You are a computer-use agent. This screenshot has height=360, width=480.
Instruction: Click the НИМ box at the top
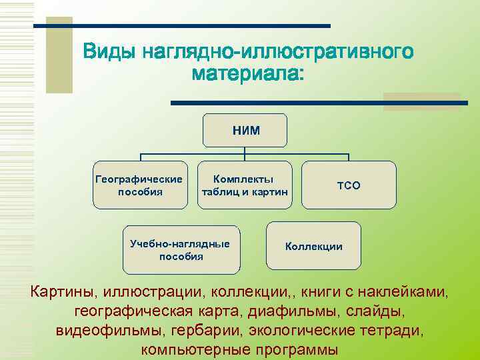[247, 130]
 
